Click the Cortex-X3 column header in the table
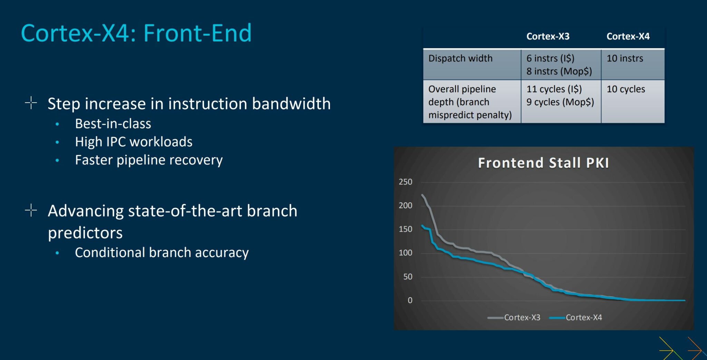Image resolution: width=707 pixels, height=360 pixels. point(548,36)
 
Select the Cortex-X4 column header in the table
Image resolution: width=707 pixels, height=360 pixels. point(628,36)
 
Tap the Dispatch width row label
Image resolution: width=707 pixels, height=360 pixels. point(460,58)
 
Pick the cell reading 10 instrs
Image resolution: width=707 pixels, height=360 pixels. point(624,58)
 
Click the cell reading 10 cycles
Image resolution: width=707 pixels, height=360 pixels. point(626,89)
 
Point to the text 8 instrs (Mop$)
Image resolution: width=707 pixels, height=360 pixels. point(559,71)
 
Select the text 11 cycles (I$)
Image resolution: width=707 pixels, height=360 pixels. point(554,89)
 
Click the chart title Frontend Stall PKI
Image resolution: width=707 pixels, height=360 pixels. point(543,163)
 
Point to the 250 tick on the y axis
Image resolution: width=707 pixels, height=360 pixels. point(405,182)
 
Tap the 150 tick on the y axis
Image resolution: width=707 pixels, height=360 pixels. point(405,229)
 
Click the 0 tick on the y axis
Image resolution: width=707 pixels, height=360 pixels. point(410,300)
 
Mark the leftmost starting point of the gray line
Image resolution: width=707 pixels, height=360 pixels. point(422,195)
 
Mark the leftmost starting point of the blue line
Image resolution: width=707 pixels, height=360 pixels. point(422,226)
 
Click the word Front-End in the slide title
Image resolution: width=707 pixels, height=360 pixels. point(197,33)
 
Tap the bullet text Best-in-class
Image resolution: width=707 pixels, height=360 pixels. point(113,124)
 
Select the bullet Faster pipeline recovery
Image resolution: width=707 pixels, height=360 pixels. point(149,160)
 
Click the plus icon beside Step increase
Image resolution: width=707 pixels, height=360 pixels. point(31,103)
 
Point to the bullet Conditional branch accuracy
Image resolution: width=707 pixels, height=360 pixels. point(162,253)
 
